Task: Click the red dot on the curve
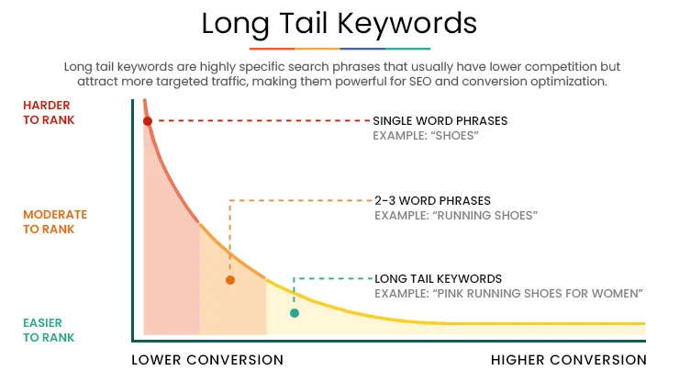pyautogui.click(x=147, y=121)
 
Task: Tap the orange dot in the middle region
pyautogui.click(x=229, y=280)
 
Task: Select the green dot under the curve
pyautogui.click(x=295, y=313)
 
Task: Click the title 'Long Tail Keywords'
pyautogui.click(x=339, y=23)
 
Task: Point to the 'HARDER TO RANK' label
pyautogui.click(x=47, y=113)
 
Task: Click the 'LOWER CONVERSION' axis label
pyautogui.click(x=207, y=359)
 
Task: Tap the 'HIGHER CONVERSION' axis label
pyautogui.click(x=569, y=359)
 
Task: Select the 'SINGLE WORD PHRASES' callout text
pyautogui.click(x=440, y=121)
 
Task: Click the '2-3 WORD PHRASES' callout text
pyautogui.click(x=432, y=200)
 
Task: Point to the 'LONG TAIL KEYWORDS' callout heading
pyautogui.click(x=439, y=278)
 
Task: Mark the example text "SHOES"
pyautogui.click(x=426, y=136)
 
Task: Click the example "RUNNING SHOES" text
pyautogui.click(x=455, y=215)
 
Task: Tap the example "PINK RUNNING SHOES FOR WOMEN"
pyautogui.click(x=508, y=293)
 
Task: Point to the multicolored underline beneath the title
pyautogui.click(x=339, y=48)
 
